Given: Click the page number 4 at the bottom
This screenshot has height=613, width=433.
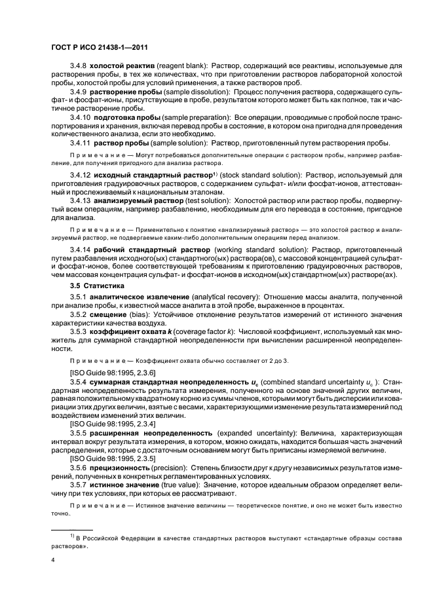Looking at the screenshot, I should tap(53, 561).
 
